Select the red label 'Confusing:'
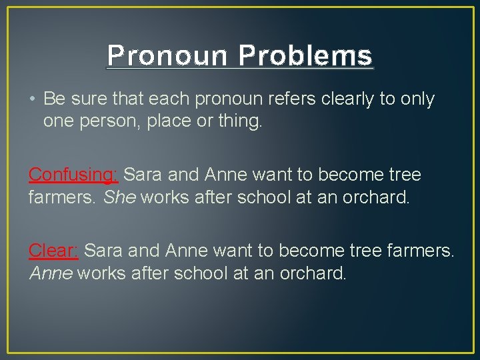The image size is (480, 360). tap(73, 175)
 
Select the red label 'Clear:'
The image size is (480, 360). tap(53, 250)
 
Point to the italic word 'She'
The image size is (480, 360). tap(120, 197)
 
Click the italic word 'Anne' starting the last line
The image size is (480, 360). tap(51, 273)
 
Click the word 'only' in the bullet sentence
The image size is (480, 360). tap(419, 99)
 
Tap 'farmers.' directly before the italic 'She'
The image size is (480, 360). tap(63, 197)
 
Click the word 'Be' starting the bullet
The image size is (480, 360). tap(53, 99)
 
